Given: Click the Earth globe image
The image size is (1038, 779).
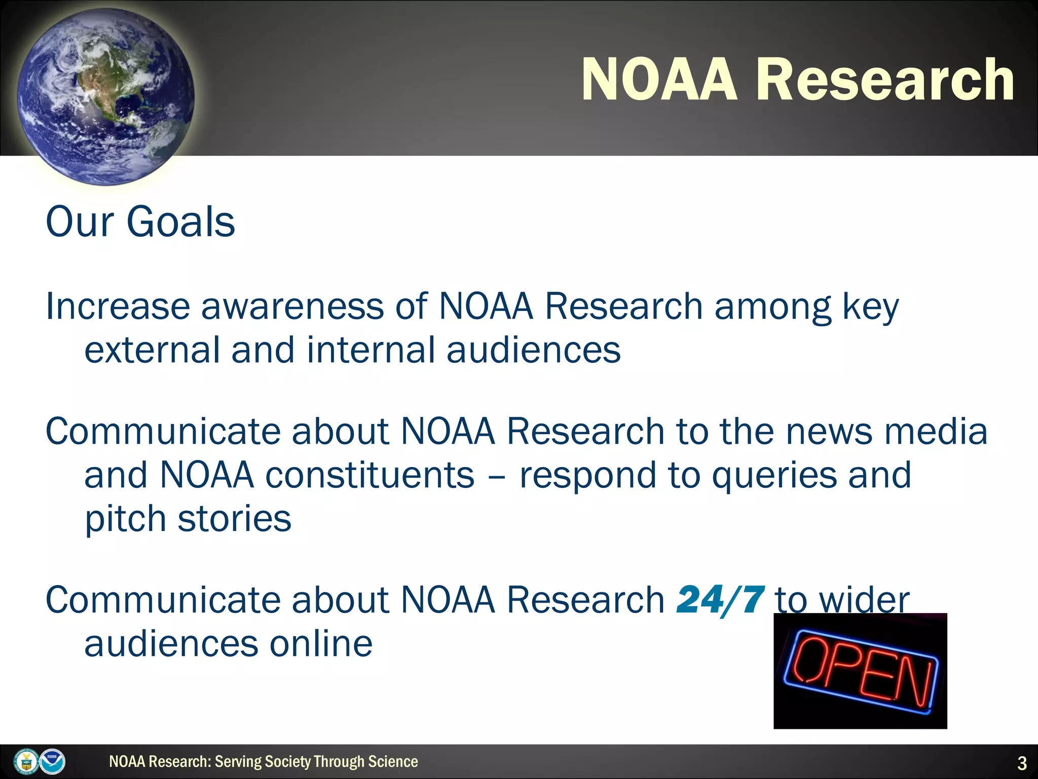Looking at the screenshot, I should [105, 96].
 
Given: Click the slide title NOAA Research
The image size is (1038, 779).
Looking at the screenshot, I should [797, 80].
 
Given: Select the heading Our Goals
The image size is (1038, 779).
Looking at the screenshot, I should [140, 222].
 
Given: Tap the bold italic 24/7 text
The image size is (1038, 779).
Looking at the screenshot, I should [720, 600].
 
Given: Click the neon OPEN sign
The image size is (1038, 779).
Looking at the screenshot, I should [860, 671].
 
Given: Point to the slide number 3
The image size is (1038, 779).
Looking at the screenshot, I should [1022, 763].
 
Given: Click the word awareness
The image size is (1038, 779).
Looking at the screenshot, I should [292, 306].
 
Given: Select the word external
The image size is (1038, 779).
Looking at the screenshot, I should [152, 350].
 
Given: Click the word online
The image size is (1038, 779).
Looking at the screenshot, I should [321, 644].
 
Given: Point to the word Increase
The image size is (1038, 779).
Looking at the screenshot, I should [118, 306].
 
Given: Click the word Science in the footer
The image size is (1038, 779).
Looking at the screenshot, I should [393, 762].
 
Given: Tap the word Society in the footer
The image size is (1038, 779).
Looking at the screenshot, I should [287, 762].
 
